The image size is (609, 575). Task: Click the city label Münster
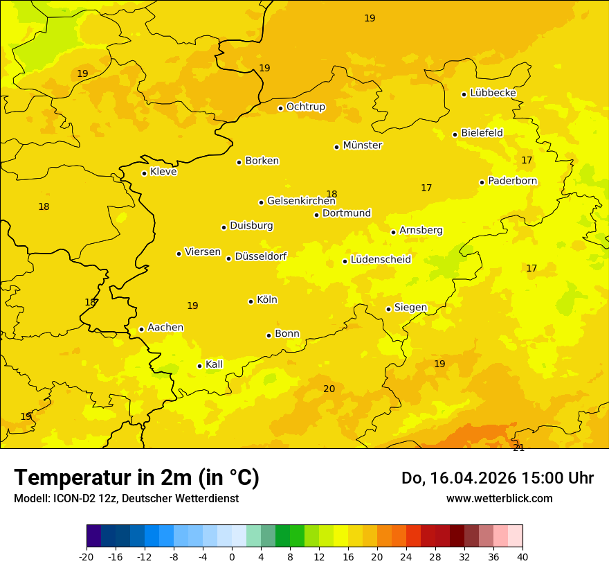[x=363, y=145]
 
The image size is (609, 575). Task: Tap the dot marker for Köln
[x=251, y=301]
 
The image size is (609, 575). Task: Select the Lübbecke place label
[x=493, y=93]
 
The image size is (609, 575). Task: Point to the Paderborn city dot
[x=482, y=182]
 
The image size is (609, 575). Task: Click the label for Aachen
[x=165, y=328]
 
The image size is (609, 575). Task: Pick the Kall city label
[x=215, y=364]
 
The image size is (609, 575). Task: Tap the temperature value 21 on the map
[x=518, y=448]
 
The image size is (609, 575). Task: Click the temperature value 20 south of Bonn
[x=329, y=389]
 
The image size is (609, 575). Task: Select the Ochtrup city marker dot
[x=281, y=108]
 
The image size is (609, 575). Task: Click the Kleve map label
[x=163, y=172]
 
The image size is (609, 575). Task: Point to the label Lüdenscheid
[x=381, y=260]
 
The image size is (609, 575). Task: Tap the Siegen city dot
[x=389, y=309]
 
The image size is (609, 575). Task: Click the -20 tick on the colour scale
[x=87, y=556]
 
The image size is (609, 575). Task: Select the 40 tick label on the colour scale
[x=522, y=556]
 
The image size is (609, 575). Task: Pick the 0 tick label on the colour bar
[x=232, y=556]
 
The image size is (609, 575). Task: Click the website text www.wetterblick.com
[x=499, y=498]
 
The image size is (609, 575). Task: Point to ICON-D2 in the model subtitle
[x=73, y=498]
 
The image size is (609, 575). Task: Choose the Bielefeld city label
[x=482, y=132]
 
